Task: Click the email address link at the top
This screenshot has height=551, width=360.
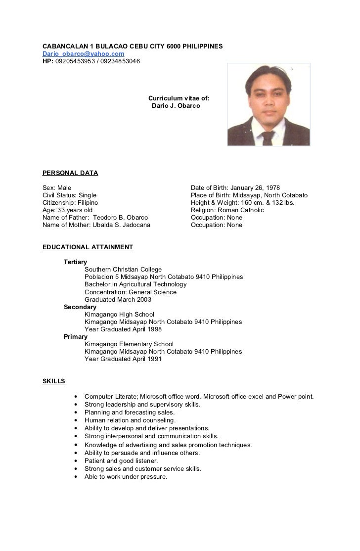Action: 83,53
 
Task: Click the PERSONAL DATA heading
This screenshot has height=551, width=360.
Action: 70,173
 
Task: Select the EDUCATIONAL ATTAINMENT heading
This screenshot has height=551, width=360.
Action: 88,247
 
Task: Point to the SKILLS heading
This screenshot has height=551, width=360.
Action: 54,381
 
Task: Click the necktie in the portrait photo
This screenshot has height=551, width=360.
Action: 268,137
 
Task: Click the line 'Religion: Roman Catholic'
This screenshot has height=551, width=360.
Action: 227,210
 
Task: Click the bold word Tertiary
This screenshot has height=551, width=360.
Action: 75,262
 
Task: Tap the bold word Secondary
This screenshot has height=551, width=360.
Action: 80,307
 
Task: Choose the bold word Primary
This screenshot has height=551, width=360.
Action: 76,337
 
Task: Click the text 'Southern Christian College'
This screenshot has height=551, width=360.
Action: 123,270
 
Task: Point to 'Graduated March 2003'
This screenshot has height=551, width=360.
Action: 118,299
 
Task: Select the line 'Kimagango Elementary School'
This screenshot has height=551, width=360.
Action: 129,344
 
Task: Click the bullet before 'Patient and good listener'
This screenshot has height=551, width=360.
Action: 75,461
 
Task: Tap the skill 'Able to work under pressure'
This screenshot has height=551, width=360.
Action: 126,477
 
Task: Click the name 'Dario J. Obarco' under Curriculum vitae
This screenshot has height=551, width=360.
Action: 176,106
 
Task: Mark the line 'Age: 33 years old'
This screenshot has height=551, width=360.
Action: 68,210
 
